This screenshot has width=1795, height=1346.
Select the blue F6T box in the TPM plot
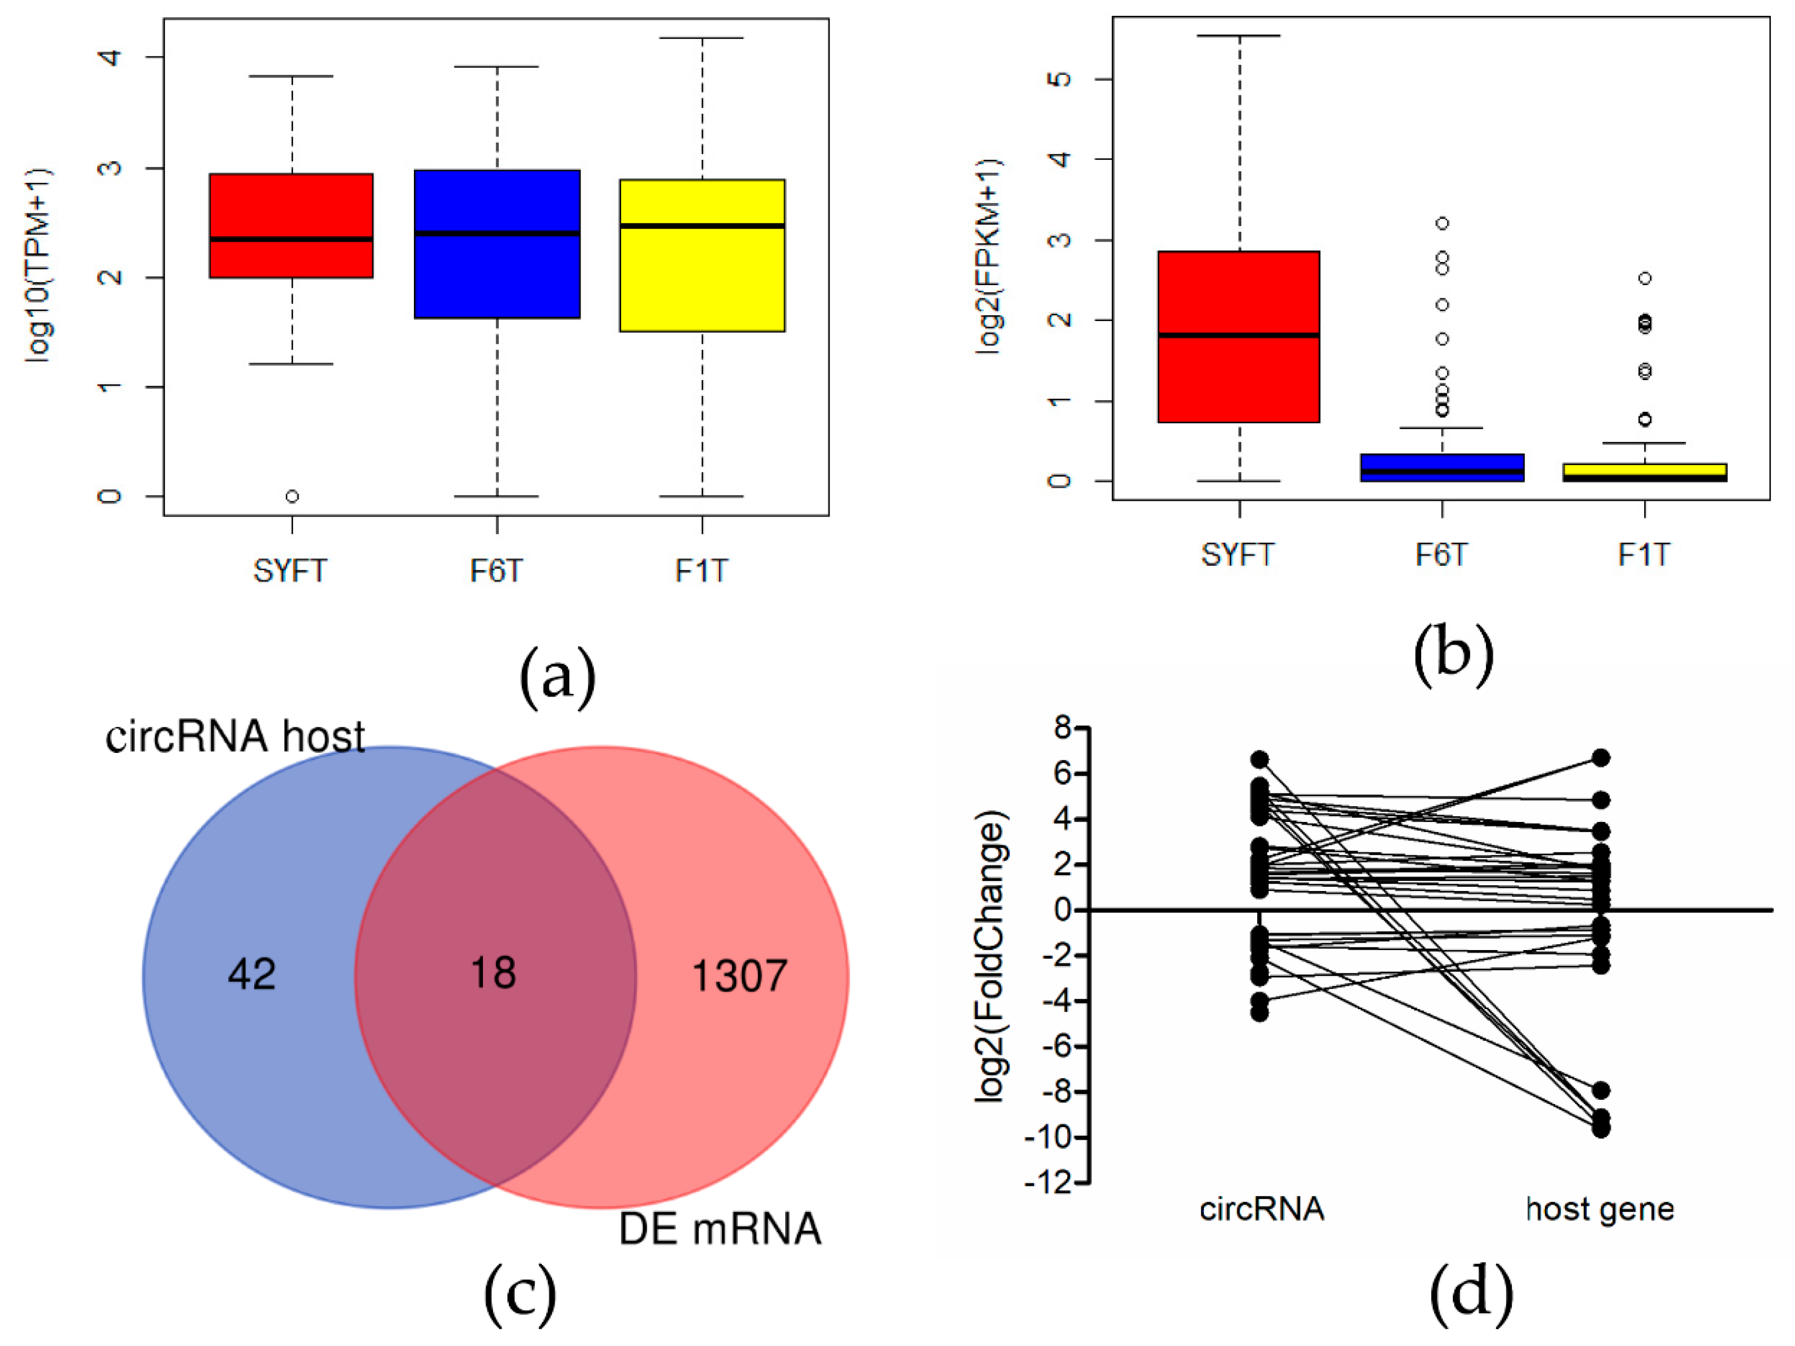(x=497, y=244)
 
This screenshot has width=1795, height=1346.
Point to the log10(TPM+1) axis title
(x=38, y=265)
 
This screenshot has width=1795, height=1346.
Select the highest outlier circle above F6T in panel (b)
(x=1442, y=223)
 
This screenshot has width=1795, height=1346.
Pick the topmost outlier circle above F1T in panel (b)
(x=1645, y=278)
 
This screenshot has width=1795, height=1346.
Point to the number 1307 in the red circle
(x=739, y=975)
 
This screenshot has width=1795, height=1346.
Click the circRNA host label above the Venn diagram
(x=235, y=737)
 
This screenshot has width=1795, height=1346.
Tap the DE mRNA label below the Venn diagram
(x=720, y=1228)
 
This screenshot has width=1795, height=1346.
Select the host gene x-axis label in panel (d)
(x=1599, y=1209)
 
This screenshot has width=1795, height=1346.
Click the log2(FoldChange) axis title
(x=992, y=956)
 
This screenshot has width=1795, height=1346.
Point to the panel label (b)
(x=1453, y=654)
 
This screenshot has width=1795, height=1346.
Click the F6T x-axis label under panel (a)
(x=497, y=571)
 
